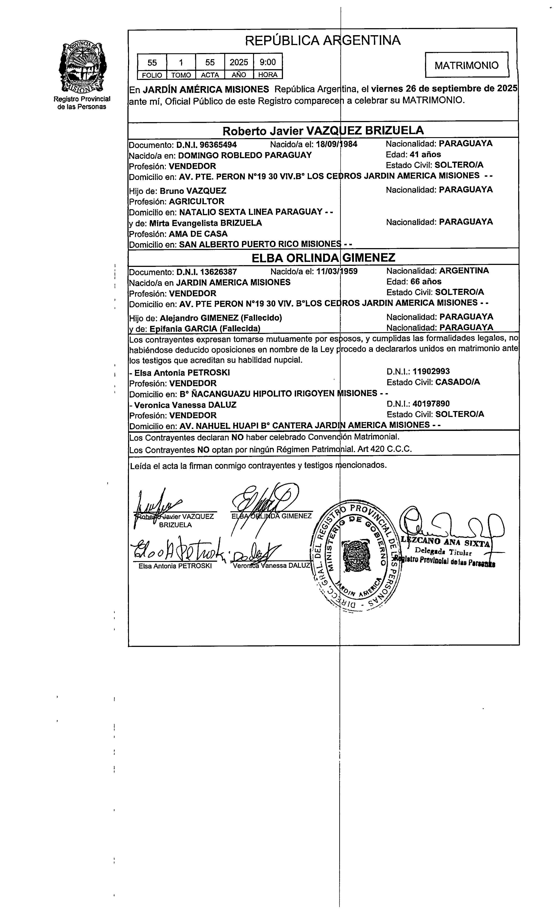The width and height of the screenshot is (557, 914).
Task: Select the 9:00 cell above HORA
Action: (x=267, y=62)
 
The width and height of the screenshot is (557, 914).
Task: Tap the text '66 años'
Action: (x=426, y=282)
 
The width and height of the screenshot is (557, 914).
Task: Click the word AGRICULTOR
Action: (x=196, y=201)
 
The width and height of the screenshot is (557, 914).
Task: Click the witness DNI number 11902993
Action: (x=431, y=371)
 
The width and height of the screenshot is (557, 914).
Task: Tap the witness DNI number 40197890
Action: (x=431, y=404)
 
